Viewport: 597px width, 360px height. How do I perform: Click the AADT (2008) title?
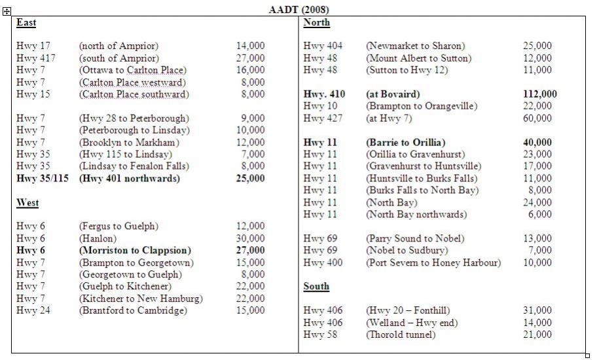[x=298, y=9]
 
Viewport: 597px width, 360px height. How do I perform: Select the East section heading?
[x=26, y=23]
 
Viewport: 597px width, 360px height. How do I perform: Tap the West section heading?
[x=27, y=203]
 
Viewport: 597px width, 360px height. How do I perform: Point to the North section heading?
[x=317, y=23]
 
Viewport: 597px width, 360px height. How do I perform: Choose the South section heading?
[x=316, y=287]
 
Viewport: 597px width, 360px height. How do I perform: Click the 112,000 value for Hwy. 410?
[x=540, y=94]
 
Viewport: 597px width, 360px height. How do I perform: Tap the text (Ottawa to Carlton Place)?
[x=132, y=70]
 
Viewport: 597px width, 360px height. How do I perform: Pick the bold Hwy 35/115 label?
[x=42, y=178]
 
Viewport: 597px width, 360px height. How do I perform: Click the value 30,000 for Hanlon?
[x=251, y=238]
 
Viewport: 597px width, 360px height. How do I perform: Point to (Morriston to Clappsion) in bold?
[x=135, y=250]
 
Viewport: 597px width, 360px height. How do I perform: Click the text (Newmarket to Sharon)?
[x=415, y=46]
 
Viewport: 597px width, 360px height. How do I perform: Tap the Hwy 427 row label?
[x=323, y=118]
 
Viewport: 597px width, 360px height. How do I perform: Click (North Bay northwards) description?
[x=416, y=215]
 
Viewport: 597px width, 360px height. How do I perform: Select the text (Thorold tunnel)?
[x=400, y=334]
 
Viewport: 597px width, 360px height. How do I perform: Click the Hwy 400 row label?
[x=323, y=262]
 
